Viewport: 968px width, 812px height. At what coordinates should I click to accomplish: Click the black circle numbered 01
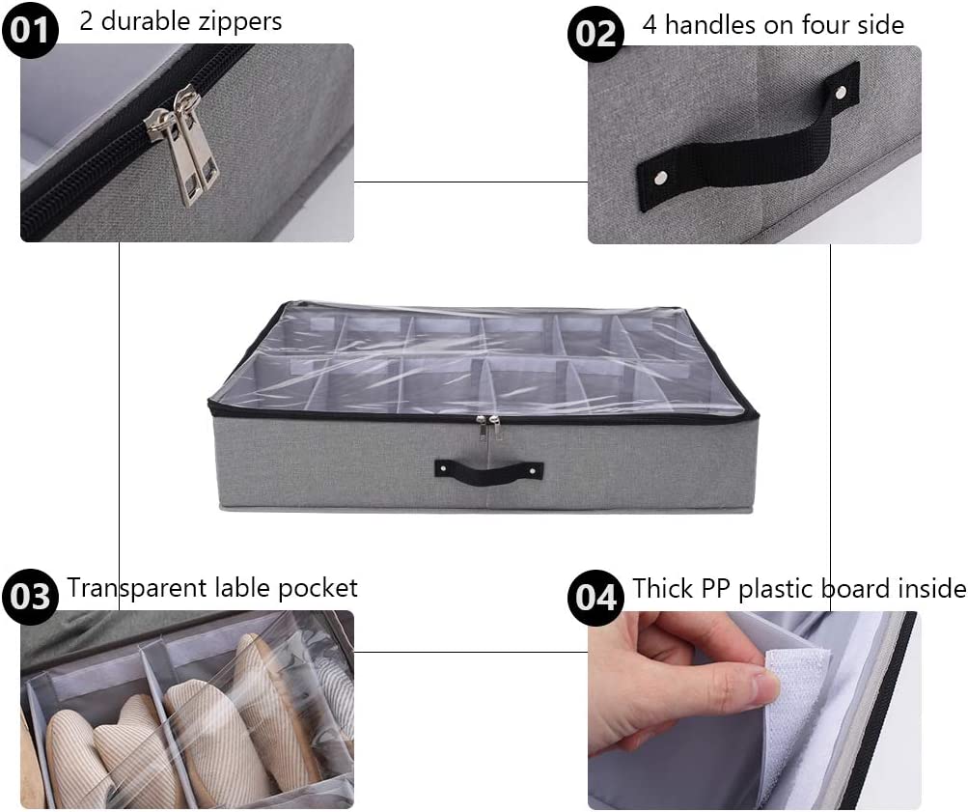pos(30,29)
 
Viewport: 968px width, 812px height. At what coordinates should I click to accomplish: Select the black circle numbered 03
pos(30,596)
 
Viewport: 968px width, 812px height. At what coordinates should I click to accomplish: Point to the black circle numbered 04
pos(595,596)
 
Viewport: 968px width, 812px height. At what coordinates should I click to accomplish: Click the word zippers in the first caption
pos(244,21)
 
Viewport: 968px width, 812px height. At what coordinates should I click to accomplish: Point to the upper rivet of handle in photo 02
pos(840,93)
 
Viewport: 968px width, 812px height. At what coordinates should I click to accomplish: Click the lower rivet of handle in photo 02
pos(660,178)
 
